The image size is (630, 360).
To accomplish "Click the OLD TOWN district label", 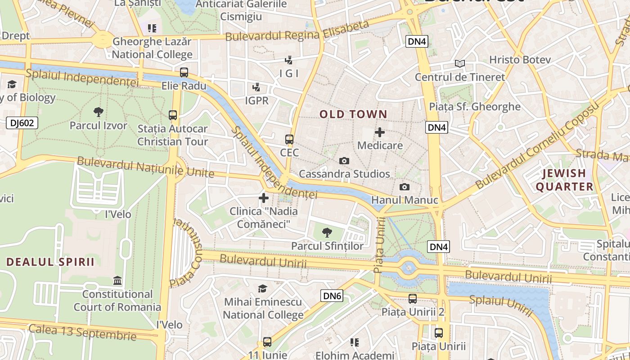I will [353, 114].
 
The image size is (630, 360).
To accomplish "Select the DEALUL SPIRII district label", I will [50, 262].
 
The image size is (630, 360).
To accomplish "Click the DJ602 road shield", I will [22, 123].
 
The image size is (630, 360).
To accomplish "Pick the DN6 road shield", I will [332, 296].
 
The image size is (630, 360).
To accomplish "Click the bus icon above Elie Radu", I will [184, 72].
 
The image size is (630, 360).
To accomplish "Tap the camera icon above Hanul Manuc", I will [405, 187].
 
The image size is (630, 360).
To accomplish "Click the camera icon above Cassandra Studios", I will [344, 161].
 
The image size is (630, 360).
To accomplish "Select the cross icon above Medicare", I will [380, 132].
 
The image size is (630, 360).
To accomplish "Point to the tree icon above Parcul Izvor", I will [98, 112].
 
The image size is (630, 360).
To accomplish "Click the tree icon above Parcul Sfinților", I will [327, 233].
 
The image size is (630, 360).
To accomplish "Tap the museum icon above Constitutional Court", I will [117, 281].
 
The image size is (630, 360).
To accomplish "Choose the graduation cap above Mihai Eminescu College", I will [263, 288].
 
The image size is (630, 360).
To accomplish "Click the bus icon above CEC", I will [289, 139].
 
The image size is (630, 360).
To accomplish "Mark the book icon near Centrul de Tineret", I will [459, 64].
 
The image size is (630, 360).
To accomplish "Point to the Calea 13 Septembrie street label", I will [82, 332].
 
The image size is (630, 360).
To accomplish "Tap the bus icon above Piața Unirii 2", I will [413, 298].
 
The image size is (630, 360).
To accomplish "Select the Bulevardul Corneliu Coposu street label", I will [538, 145].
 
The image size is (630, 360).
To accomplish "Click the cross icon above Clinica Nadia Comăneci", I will [264, 198].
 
